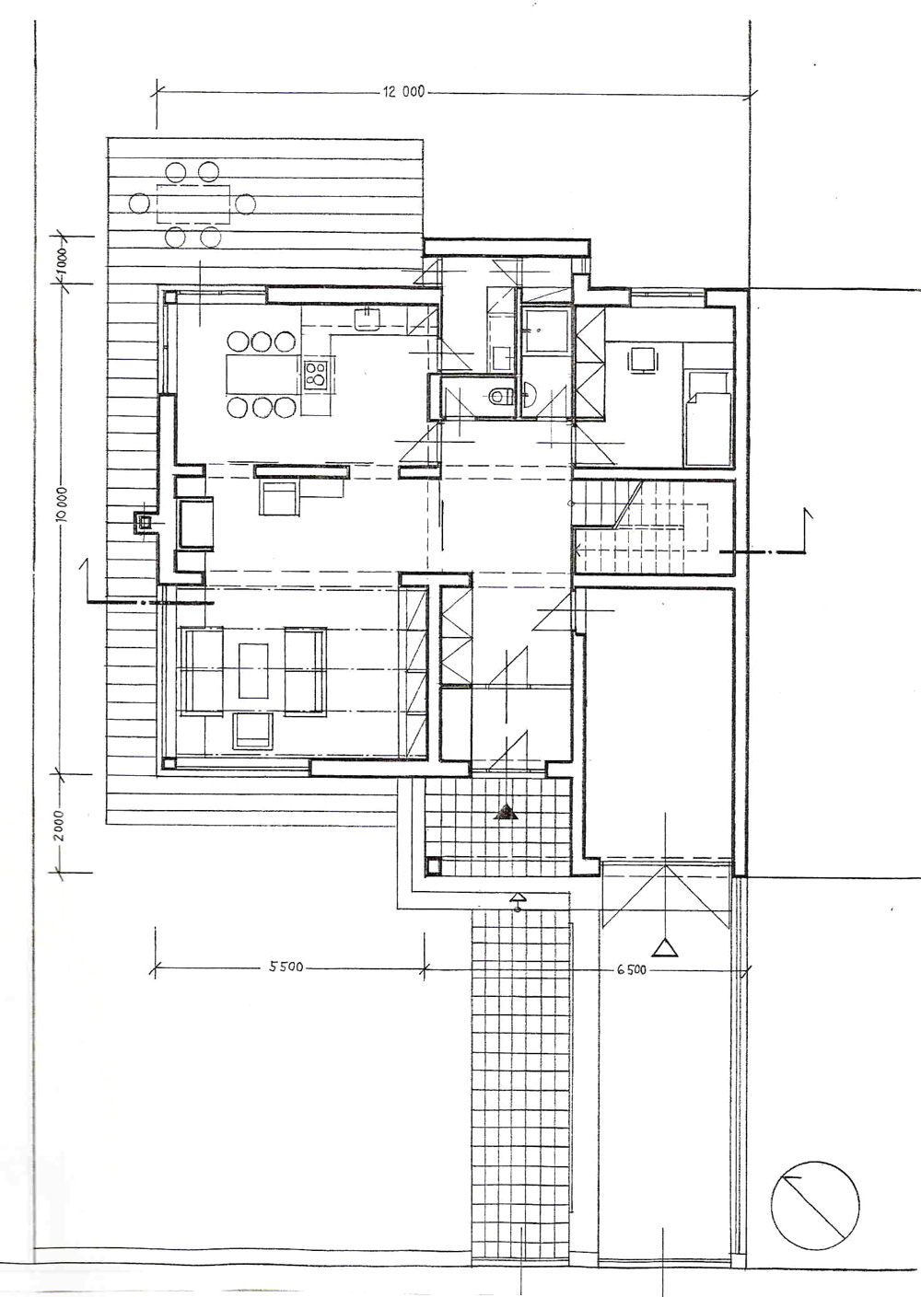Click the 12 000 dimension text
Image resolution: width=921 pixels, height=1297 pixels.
(403, 91)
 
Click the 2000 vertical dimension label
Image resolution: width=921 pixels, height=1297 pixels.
(62, 825)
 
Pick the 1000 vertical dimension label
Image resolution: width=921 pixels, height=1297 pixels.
(62, 263)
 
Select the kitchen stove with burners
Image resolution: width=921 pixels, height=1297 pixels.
(316, 374)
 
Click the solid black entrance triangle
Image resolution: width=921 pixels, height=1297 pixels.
(506, 813)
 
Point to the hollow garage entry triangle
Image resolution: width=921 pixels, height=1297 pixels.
(664, 948)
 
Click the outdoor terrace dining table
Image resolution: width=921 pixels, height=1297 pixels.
(192, 203)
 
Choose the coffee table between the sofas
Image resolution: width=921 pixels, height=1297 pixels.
(253, 670)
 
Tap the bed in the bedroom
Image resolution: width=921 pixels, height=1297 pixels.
(706, 419)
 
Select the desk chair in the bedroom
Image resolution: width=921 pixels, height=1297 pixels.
(644, 359)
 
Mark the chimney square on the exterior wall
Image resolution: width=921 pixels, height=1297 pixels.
(145, 523)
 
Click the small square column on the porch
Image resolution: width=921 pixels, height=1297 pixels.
(433, 866)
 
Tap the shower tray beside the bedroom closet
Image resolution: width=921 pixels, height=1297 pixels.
(545, 330)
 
